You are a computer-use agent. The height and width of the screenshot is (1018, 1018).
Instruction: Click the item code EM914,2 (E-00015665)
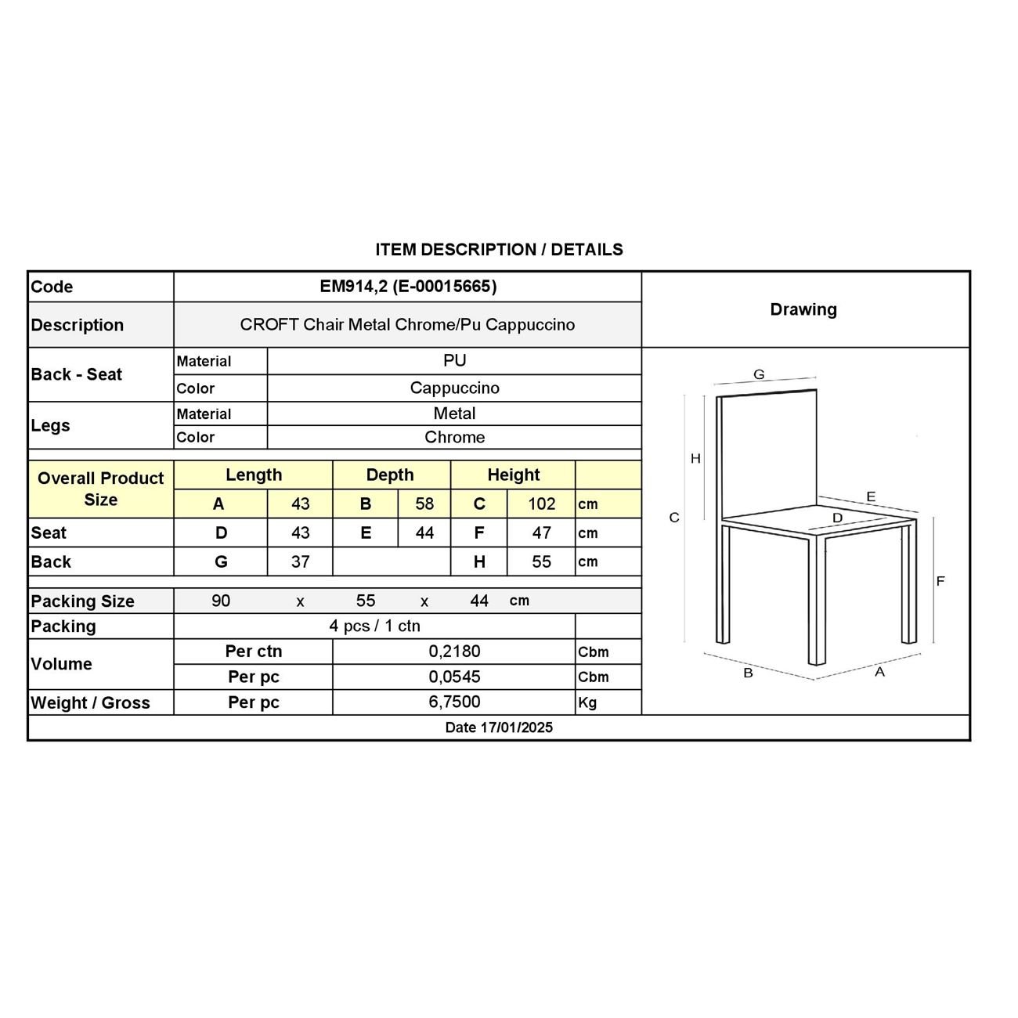coord(408,287)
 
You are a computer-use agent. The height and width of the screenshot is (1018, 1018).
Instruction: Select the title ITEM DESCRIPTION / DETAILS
coord(499,250)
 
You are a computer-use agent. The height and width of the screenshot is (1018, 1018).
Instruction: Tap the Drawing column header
coord(803,309)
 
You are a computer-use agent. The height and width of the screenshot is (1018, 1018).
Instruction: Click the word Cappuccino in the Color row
coord(454,388)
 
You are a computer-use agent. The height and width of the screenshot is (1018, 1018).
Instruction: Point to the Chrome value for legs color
coord(454,438)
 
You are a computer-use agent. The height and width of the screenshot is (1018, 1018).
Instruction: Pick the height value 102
coord(541,504)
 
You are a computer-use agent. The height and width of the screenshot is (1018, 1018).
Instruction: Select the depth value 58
coord(424,504)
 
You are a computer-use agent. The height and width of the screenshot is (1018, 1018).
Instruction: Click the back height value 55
coord(541,562)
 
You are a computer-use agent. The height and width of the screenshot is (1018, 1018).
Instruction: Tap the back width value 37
coord(300,562)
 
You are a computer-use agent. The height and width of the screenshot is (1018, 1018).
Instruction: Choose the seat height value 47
coord(541,533)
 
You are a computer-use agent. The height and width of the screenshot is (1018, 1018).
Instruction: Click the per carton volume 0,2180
coord(454,652)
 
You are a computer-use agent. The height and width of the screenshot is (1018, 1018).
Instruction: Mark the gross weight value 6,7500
coord(454,702)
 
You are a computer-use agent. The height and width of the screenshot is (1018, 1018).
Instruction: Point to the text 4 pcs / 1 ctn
coord(374,626)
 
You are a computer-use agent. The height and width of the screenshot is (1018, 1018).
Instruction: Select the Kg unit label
coord(587,703)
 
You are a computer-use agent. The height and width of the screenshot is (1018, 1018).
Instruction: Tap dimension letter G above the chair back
coord(759,375)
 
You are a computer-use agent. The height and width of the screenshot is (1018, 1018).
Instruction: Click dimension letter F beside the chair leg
coord(940,581)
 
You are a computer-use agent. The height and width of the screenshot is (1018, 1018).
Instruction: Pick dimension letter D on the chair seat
coord(837,518)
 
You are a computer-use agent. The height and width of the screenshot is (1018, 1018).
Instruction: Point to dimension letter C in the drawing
coord(674,518)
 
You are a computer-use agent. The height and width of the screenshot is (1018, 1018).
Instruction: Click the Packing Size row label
coord(82,601)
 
